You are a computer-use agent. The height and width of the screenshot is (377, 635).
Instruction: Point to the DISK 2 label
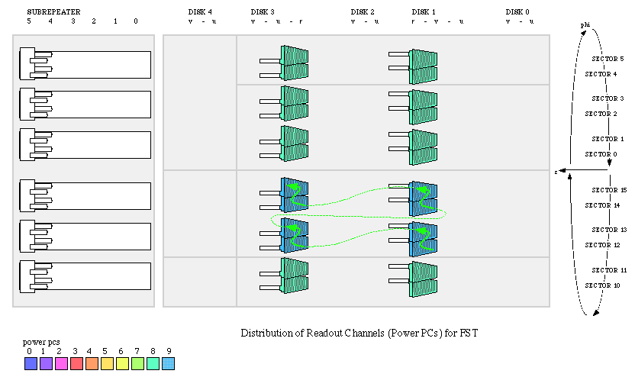(x=363, y=12)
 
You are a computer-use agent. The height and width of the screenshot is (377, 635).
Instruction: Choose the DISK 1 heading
(x=424, y=12)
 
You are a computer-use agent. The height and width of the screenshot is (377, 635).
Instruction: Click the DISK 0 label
(x=517, y=12)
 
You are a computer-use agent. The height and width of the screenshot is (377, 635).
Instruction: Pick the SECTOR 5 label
(x=608, y=59)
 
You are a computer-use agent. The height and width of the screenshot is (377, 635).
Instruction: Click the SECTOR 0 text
(x=601, y=154)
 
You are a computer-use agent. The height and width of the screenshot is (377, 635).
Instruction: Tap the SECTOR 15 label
(x=609, y=190)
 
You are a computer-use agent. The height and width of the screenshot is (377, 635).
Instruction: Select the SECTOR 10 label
(x=601, y=285)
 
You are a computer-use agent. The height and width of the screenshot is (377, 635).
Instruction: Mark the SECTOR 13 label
(x=609, y=230)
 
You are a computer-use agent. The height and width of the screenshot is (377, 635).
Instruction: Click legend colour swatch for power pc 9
(x=169, y=363)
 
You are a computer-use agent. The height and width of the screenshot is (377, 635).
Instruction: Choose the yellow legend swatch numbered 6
(x=122, y=363)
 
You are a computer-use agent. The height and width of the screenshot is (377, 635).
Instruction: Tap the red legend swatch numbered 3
(x=76, y=363)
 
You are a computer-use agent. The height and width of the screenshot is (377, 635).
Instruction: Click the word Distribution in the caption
(x=266, y=333)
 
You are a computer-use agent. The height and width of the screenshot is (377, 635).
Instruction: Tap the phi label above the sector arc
(x=585, y=25)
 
